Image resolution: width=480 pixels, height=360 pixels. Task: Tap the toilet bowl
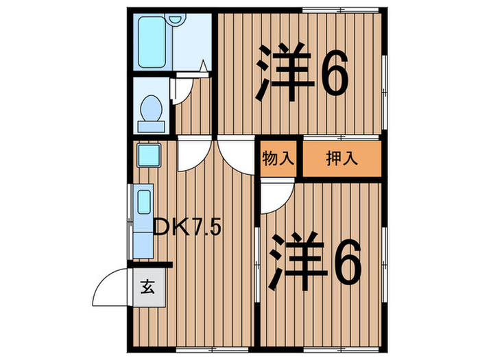click(151, 108)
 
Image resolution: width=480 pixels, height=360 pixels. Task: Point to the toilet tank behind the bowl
click(151, 126)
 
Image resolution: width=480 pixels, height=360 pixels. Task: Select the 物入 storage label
click(278, 160)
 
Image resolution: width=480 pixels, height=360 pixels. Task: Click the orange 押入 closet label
click(341, 160)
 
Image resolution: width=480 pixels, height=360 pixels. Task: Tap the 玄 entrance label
click(147, 286)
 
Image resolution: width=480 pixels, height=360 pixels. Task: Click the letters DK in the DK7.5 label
click(167, 227)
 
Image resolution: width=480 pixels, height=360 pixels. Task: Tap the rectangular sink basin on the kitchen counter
click(144, 204)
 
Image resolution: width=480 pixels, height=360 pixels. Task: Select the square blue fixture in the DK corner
click(147, 155)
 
